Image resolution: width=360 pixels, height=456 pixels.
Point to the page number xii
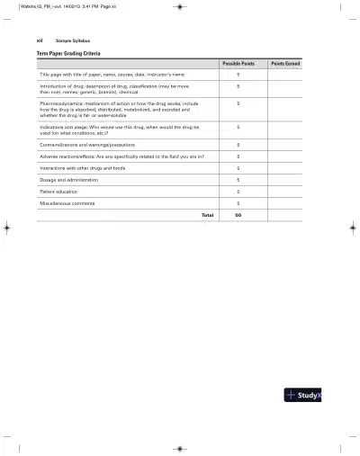pos(39,41)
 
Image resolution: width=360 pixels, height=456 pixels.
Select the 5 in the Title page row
pos(238,75)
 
